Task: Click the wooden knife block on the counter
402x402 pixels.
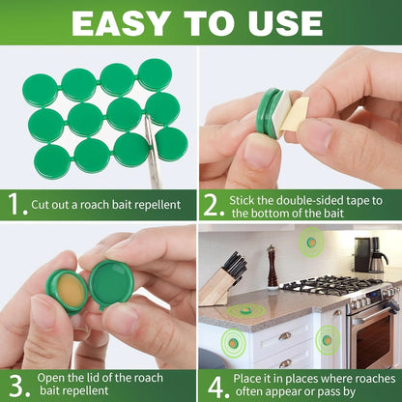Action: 217,280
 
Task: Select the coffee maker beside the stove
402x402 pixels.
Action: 367,256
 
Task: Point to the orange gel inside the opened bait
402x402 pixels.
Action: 66,289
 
